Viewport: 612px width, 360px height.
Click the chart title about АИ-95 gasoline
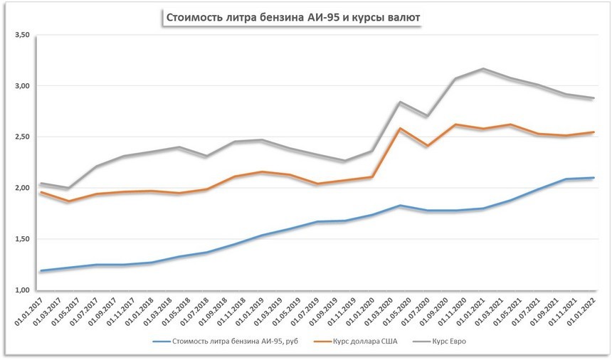click(x=292, y=17)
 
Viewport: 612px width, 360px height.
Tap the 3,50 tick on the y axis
click(x=21, y=35)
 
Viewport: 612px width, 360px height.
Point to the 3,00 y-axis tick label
click(x=21, y=86)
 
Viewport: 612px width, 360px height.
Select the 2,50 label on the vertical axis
click(x=21, y=137)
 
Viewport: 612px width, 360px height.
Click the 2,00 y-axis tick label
click(x=21, y=188)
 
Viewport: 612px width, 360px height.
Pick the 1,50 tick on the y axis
click(x=21, y=239)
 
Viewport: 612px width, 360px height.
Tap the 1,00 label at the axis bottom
click(x=21, y=290)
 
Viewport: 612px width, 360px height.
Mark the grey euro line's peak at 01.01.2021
click(x=483, y=69)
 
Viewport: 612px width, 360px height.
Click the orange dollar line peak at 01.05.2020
click(x=401, y=129)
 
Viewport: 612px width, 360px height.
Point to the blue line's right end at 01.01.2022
click(x=593, y=178)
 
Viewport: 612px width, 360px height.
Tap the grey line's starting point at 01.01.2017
click(x=41, y=184)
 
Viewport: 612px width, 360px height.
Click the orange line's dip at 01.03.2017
click(x=68, y=201)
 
